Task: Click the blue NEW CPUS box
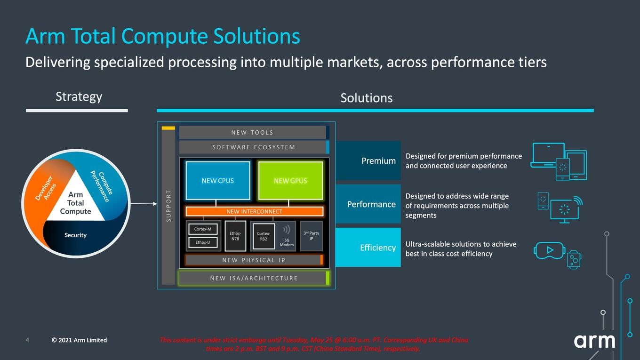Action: [218, 181]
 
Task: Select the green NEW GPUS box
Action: [290, 181]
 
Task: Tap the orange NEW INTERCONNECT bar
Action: [254, 211]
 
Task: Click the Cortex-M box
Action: [203, 229]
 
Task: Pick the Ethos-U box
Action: [203, 242]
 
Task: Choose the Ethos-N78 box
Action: [235, 236]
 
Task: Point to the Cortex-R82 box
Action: [264, 236]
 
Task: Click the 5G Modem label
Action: [287, 242]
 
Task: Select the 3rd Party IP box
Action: [312, 236]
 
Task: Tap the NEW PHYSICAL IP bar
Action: [254, 260]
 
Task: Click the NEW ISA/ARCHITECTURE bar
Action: [254, 278]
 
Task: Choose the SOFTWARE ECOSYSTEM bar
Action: [254, 147]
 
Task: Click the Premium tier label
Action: [378, 161]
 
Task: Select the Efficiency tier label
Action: [378, 248]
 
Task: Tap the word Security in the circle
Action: [75, 235]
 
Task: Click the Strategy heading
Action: [79, 96]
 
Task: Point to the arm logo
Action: [594, 341]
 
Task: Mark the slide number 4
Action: [27, 340]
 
